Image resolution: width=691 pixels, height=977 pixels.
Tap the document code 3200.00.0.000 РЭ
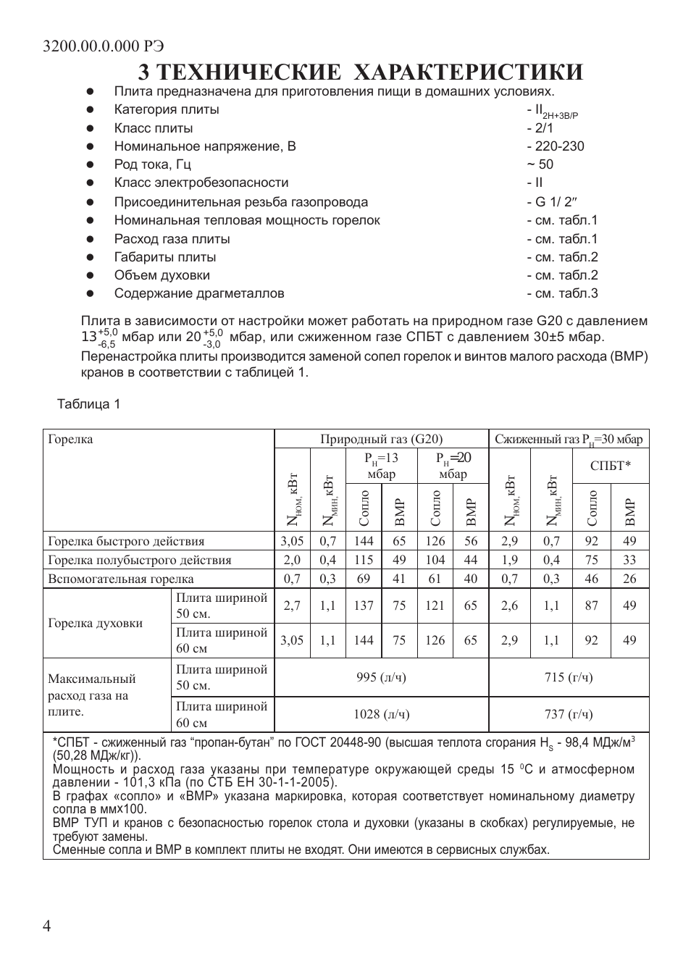tap(104, 46)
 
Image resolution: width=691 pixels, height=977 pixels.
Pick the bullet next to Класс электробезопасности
tap(91, 183)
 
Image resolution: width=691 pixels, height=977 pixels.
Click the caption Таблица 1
tap(89, 404)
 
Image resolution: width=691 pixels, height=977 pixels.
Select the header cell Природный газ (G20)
tap(382, 439)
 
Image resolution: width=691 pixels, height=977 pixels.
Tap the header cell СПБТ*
tap(610, 466)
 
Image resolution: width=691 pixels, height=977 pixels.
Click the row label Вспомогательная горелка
tap(121, 579)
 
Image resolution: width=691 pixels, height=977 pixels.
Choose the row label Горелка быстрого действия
tap(126, 541)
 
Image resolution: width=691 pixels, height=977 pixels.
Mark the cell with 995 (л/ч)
tap(382, 677)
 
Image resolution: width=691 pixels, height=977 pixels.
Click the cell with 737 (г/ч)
tap(569, 714)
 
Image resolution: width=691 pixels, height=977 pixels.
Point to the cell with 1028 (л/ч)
tap(382, 714)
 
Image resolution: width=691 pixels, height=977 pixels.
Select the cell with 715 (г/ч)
tap(569, 677)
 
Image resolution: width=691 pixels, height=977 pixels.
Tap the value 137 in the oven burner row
tap(364, 605)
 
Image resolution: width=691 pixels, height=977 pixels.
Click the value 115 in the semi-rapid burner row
tap(364, 560)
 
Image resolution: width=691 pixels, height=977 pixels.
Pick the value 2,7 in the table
tap(292, 605)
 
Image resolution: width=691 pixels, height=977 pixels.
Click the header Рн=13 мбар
tap(381, 466)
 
